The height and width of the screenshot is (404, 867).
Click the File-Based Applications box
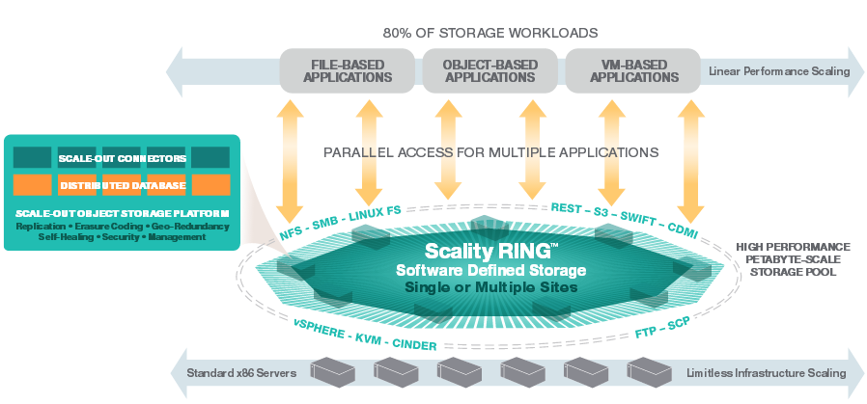click(348, 70)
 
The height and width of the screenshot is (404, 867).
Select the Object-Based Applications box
click(489, 70)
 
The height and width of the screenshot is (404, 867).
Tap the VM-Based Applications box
click(633, 70)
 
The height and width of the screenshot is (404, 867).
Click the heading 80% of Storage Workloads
click(490, 33)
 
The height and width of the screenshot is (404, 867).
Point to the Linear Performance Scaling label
click(779, 71)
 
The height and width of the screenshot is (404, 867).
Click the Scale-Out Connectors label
click(122, 159)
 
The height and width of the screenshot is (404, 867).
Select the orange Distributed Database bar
click(122, 185)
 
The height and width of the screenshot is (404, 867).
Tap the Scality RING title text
click(488, 251)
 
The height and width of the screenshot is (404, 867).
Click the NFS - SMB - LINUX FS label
click(340, 221)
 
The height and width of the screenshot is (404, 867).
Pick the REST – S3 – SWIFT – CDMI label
click(625, 221)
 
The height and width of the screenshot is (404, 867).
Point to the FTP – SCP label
click(663, 328)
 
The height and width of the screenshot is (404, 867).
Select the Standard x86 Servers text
click(241, 373)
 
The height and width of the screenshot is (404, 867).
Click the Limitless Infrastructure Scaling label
click(767, 373)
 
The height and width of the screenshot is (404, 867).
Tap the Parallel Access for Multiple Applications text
click(491, 151)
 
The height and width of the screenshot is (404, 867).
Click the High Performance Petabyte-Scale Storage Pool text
click(794, 259)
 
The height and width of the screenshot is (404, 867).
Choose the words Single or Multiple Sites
click(491, 287)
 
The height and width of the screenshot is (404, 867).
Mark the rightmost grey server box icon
click(649, 371)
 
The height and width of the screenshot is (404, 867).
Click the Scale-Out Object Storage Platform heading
click(123, 214)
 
